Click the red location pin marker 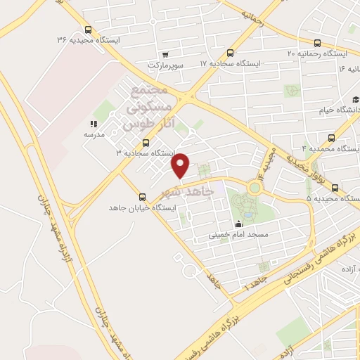pyautogui.click(x=181, y=165)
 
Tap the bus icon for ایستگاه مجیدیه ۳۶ pyautogui.click(x=88, y=30)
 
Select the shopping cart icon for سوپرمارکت pyautogui.click(x=165, y=54)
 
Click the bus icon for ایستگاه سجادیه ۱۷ pyautogui.click(x=231, y=53)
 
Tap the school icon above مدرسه pyautogui.click(x=94, y=123)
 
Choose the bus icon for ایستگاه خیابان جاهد pyautogui.click(x=146, y=198)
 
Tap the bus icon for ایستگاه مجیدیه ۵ pyautogui.click(x=335, y=188)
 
